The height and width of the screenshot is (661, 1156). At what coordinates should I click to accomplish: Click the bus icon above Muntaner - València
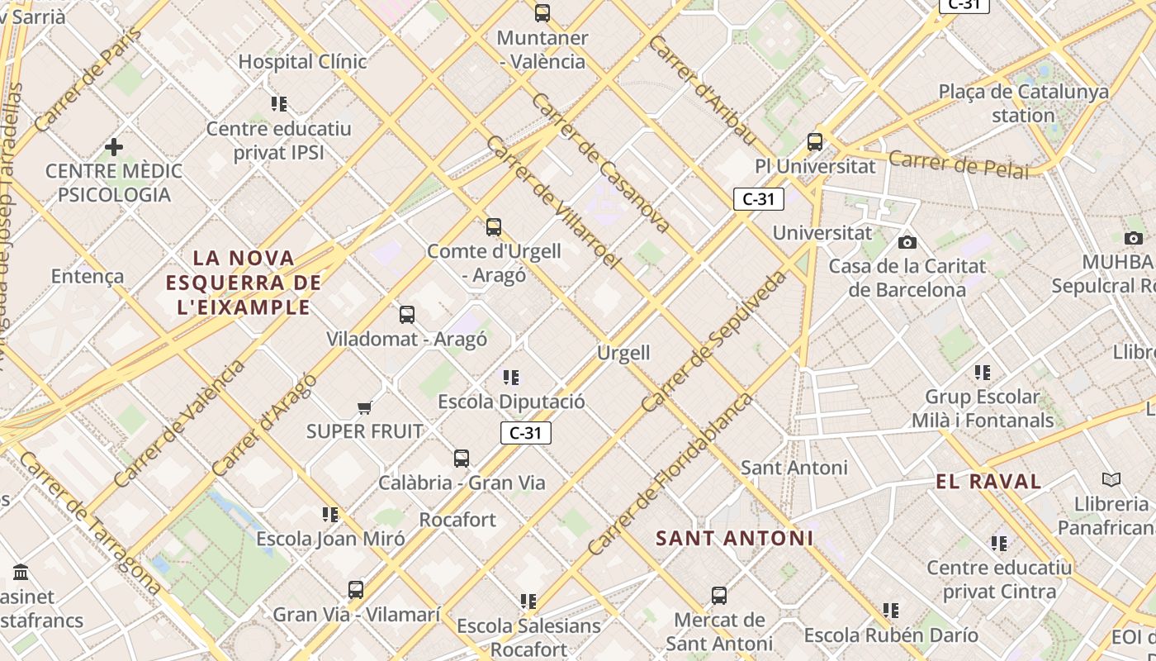[x=542, y=12]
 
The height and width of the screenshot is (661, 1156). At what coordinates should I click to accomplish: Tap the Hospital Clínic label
[x=302, y=62]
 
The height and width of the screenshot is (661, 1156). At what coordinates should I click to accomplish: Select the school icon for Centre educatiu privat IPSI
[x=279, y=104]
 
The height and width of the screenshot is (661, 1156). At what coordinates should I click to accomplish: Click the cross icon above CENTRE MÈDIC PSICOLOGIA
[x=114, y=147]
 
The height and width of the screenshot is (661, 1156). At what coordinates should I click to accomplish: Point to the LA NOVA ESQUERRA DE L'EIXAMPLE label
[x=243, y=283]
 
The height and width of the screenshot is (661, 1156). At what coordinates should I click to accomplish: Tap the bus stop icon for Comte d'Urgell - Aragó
[x=494, y=226]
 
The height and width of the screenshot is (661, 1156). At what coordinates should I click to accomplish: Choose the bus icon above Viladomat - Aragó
[x=407, y=314]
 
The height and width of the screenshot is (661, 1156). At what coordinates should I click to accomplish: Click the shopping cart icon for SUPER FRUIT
[x=365, y=407]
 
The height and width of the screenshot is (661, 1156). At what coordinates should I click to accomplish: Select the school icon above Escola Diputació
[x=511, y=378]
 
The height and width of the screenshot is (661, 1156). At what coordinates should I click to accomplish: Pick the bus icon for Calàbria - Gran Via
[x=462, y=458]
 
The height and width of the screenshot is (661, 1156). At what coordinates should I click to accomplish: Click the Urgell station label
[x=623, y=353]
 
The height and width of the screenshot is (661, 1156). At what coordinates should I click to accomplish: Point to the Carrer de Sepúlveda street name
[x=714, y=341]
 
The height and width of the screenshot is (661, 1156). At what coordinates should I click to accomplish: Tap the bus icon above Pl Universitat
[x=815, y=141]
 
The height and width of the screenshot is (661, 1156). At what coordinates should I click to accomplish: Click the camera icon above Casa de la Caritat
[x=907, y=242]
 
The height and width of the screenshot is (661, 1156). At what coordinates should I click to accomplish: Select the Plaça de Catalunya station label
[x=1023, y=103]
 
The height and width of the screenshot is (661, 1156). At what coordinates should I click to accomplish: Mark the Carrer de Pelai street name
[x=959, y=164]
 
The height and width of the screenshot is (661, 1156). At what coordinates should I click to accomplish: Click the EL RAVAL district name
[x=988, y=482]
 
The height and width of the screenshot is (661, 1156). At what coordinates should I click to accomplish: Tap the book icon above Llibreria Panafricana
[x=1111, y=479]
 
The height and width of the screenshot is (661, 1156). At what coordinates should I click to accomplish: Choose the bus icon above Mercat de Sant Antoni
[x=719, y=595]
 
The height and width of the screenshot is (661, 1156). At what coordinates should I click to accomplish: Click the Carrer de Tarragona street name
[x=89, y=522]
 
